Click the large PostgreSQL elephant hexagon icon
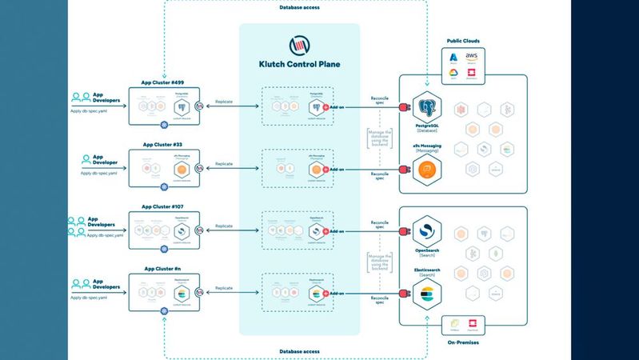(x=428, y=107)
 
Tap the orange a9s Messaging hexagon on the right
(x=428, y=169)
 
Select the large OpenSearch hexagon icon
(x=428, y=232)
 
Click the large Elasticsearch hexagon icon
(x=428, y=294)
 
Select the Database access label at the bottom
(x=302, y=351)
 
